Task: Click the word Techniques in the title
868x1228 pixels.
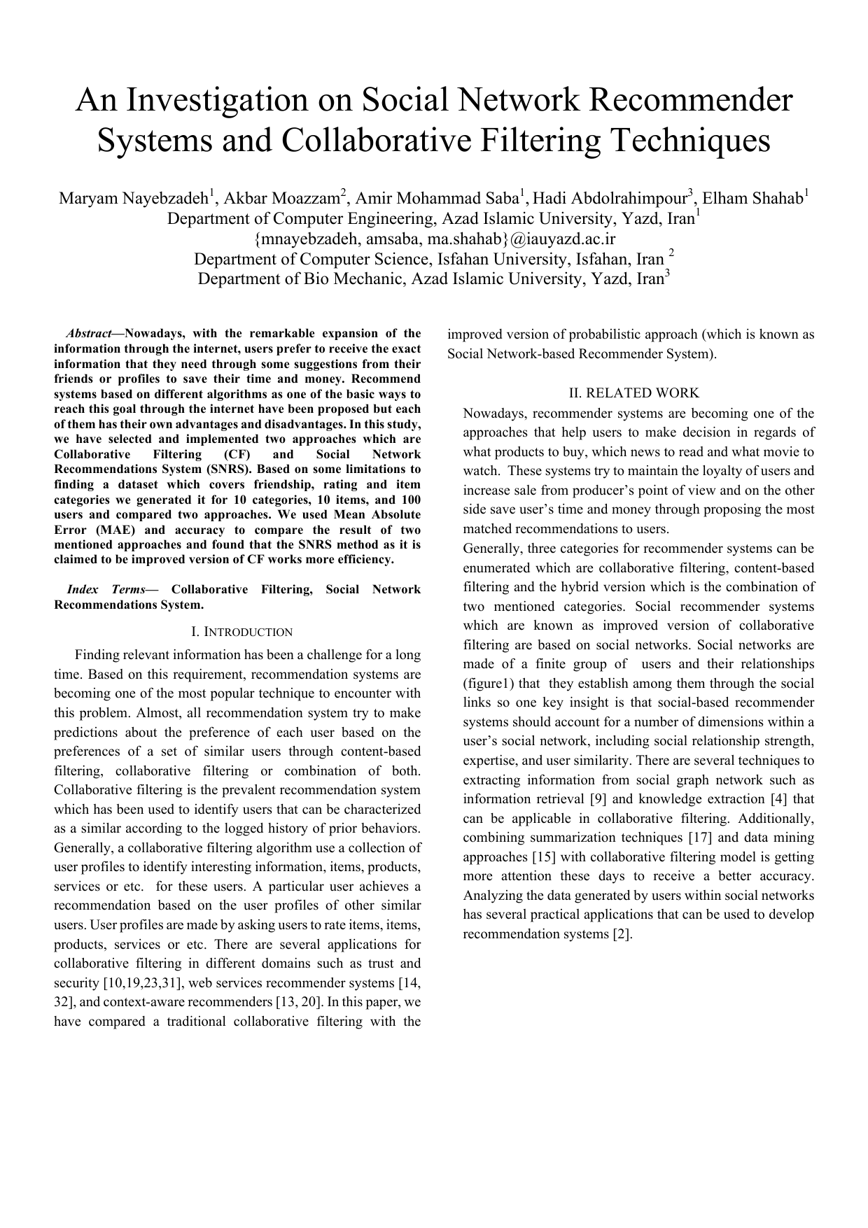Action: (691, 140)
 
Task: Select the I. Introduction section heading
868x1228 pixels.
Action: (241, 632)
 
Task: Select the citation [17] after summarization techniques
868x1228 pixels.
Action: (701, 838)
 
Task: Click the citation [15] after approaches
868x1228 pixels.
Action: (544, 856)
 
